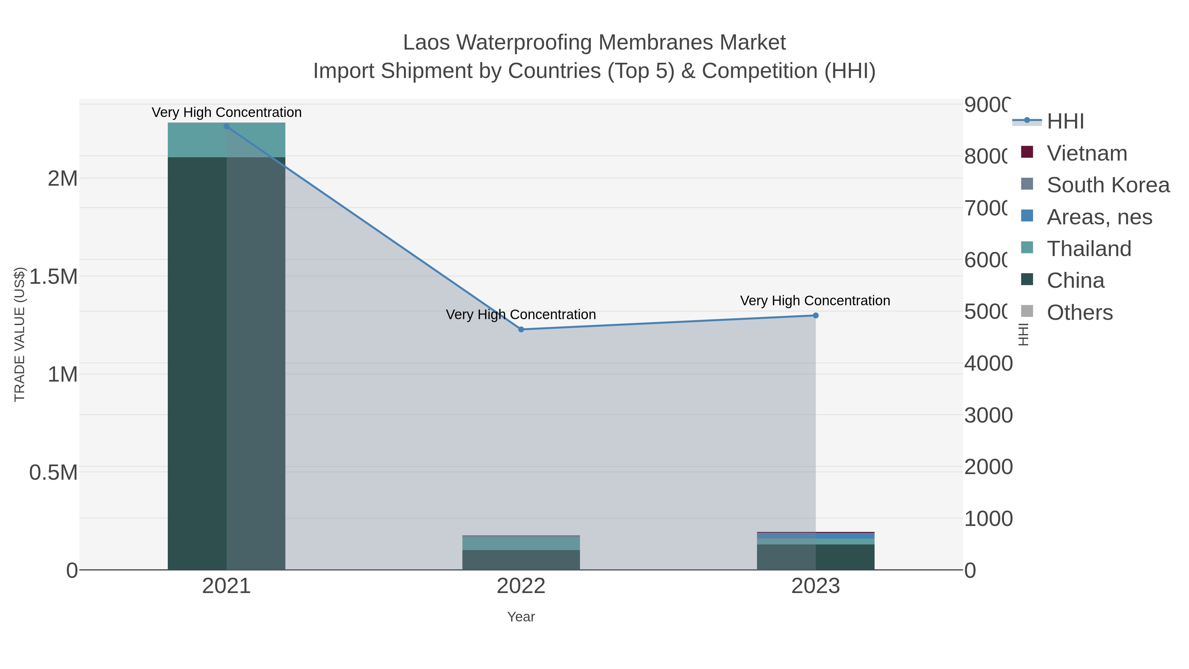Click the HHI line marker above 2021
[x=226, y=127]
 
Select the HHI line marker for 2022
[x=521, y=329]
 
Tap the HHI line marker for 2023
[x=815, y=316]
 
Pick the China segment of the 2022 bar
[x=521, y=560]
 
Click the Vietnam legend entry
[x=1087, y=153]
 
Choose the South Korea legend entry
[x=1108, y=185]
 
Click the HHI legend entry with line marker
[x=1065, y=122]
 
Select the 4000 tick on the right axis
[x=988, y=363]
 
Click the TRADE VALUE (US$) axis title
[x=19, y=334]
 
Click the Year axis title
[x=521, y=617]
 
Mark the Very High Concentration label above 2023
[x=815, y=301]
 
